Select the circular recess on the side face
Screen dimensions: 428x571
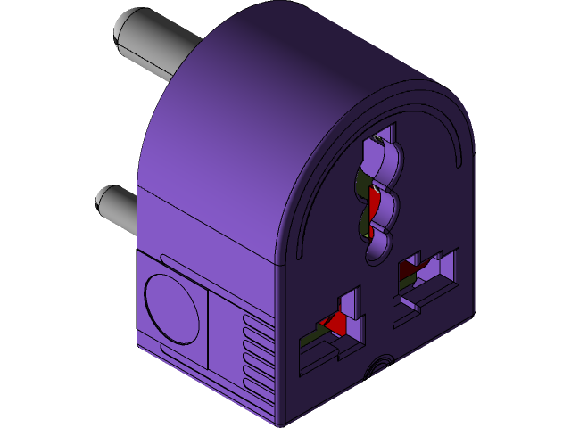[x=172, y=309]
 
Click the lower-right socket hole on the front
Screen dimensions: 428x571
[x=428, y=280]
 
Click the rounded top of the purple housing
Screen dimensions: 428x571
[x=294, y=53]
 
